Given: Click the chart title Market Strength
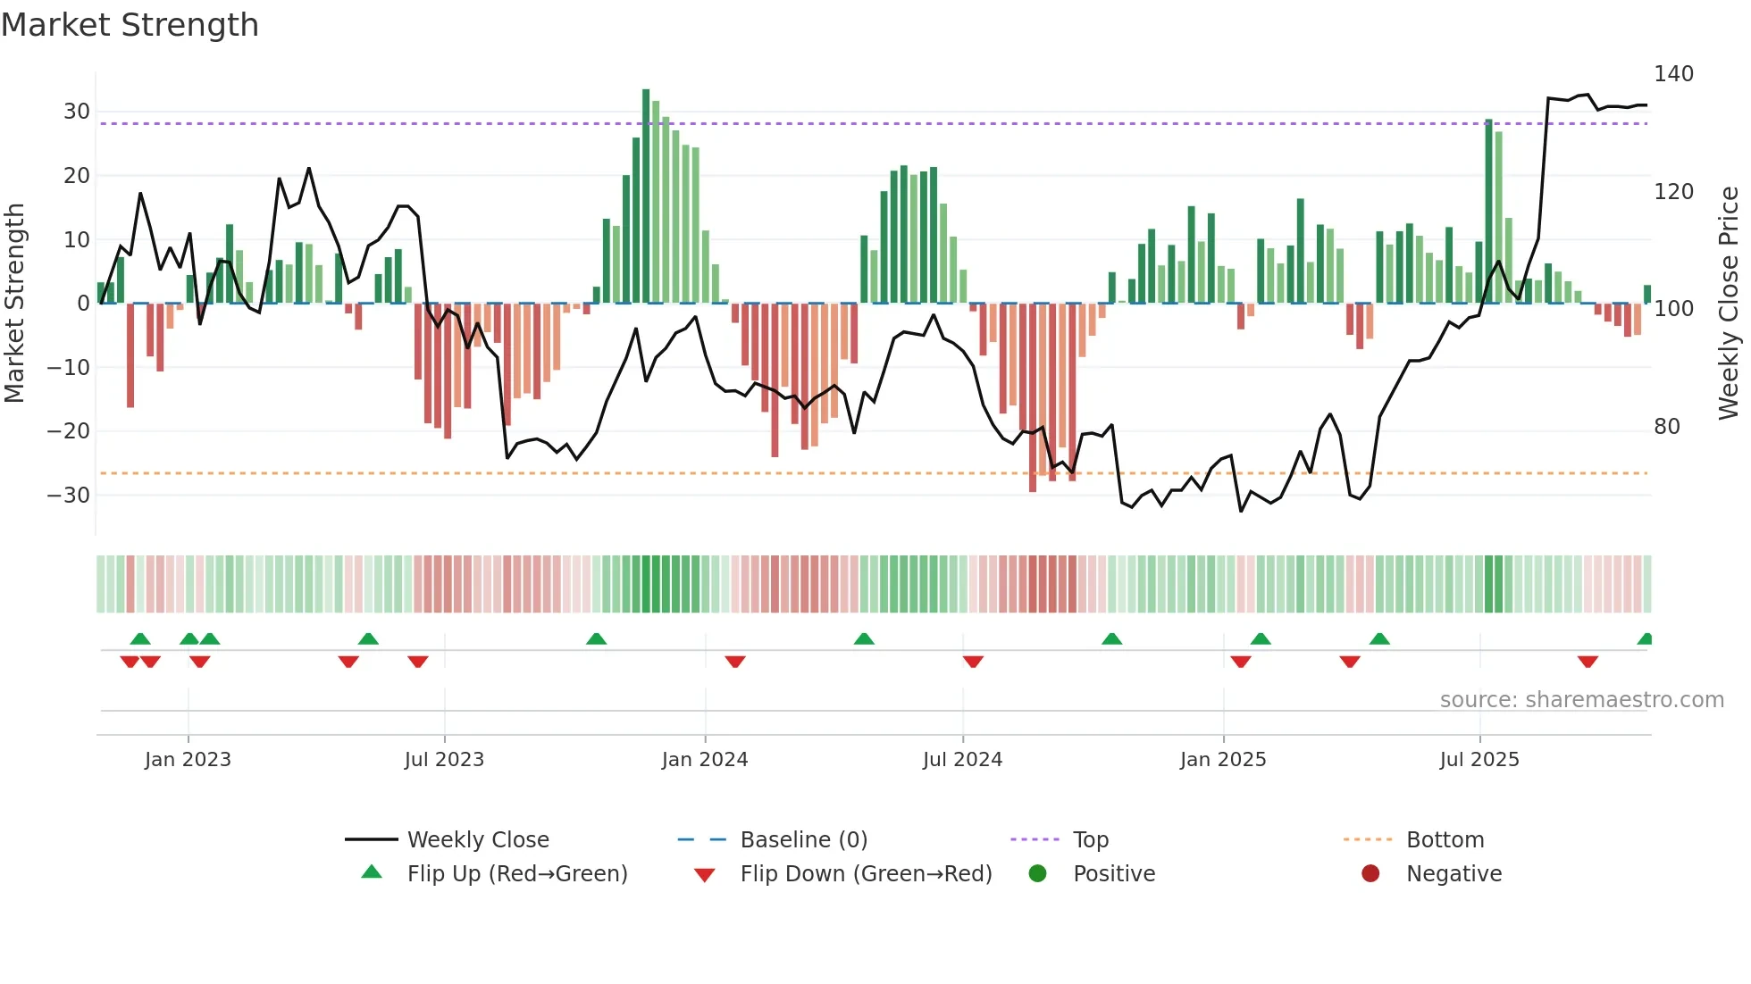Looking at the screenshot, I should (130, 25).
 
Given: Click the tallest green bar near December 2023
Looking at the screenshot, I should (646, 196).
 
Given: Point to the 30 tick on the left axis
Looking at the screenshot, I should (77, 112).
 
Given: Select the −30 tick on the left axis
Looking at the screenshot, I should (69, 495).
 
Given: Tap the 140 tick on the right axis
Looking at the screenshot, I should (1673, 73).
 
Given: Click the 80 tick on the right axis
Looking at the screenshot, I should (1667, 426).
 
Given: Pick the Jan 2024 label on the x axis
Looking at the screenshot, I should (704, 760).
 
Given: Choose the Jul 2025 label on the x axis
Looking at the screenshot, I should (1479, 760).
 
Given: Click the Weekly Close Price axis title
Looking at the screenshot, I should (1729, 304).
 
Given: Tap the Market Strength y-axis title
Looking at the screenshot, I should (15, 304).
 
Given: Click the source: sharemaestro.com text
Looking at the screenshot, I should (1581, 700).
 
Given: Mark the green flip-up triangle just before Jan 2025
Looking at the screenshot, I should (1111, 639).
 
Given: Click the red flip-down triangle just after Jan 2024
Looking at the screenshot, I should (735, 661).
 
